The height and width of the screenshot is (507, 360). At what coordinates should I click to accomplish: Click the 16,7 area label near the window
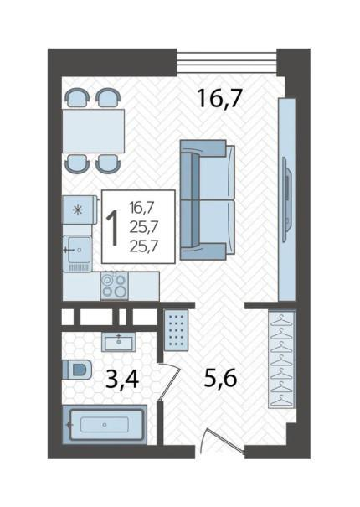[219, 99]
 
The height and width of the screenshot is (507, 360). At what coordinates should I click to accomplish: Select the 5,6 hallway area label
[220, 379]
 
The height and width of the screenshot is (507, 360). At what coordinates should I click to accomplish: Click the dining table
[93, 130]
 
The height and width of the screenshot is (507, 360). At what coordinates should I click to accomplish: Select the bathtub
[105, 426]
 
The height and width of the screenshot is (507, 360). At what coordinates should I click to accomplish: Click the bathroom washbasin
[121, 341]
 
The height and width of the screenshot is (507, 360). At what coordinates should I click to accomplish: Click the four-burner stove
[114, 286]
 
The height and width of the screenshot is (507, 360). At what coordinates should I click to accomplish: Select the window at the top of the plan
[227, 61]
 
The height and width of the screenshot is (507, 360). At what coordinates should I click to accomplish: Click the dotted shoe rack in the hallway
[177, 331]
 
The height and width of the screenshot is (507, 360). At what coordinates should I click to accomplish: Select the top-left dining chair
[76, 97]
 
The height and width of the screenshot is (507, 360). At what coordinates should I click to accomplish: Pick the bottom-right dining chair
[106, 163]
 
